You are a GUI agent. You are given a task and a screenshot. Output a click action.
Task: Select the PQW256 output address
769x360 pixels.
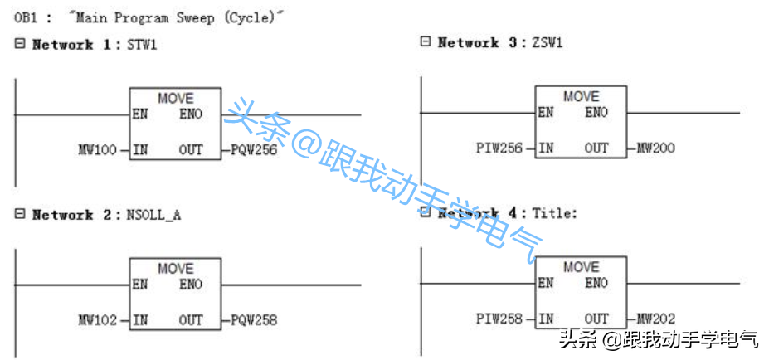point(253,150)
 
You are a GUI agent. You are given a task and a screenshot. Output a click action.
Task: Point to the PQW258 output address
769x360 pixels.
point(253,320)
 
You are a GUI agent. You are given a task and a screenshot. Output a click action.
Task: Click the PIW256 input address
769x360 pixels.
point(499,148)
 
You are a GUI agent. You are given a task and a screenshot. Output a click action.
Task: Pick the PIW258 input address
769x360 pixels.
point(499,319)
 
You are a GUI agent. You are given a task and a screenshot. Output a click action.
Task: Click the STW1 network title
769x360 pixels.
point(141,45)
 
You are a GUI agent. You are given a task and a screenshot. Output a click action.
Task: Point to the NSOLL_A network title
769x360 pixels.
point(153,215)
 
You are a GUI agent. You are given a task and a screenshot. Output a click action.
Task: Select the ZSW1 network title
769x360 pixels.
point(548,42)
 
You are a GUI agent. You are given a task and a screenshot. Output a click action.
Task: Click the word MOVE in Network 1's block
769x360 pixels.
point(175,98)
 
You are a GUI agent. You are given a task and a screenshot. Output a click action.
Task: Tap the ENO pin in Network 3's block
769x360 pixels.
point(596,113)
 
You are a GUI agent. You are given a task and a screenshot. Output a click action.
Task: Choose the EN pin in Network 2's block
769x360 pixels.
point(140,285)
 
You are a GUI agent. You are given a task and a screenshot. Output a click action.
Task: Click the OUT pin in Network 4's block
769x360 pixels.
point(596,319)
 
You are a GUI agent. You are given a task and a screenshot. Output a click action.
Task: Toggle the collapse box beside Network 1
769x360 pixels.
point(20,44)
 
